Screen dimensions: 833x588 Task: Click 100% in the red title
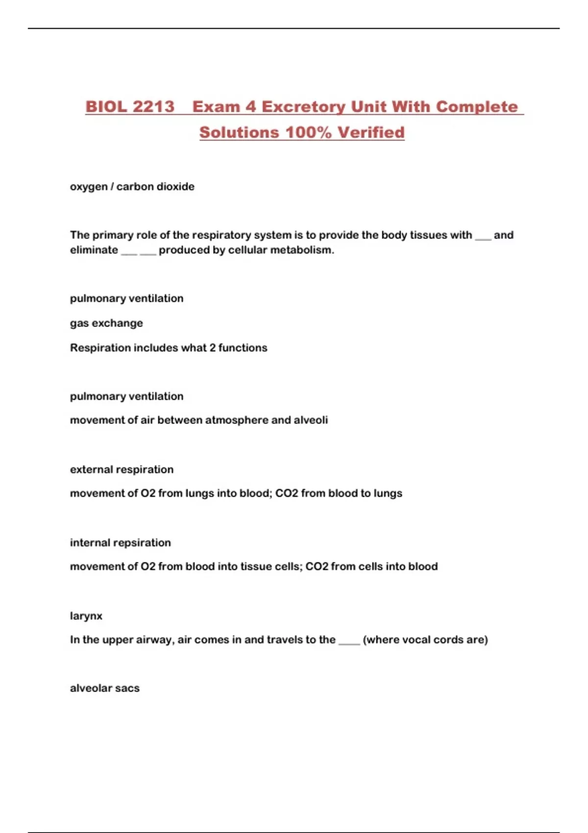(308, 132)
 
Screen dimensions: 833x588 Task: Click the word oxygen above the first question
(89, 187)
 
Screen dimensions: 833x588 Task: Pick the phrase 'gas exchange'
(106, 323)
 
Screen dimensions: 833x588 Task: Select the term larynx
(86, 616)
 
